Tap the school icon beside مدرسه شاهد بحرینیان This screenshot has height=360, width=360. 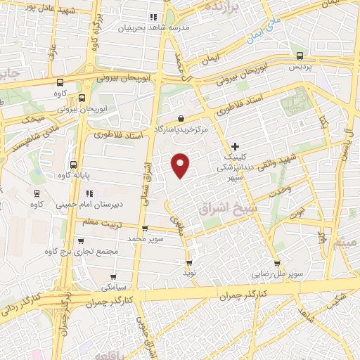153,17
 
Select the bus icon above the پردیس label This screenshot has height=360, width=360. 300,56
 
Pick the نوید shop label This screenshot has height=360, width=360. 188,271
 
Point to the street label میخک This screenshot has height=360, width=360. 33,118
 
